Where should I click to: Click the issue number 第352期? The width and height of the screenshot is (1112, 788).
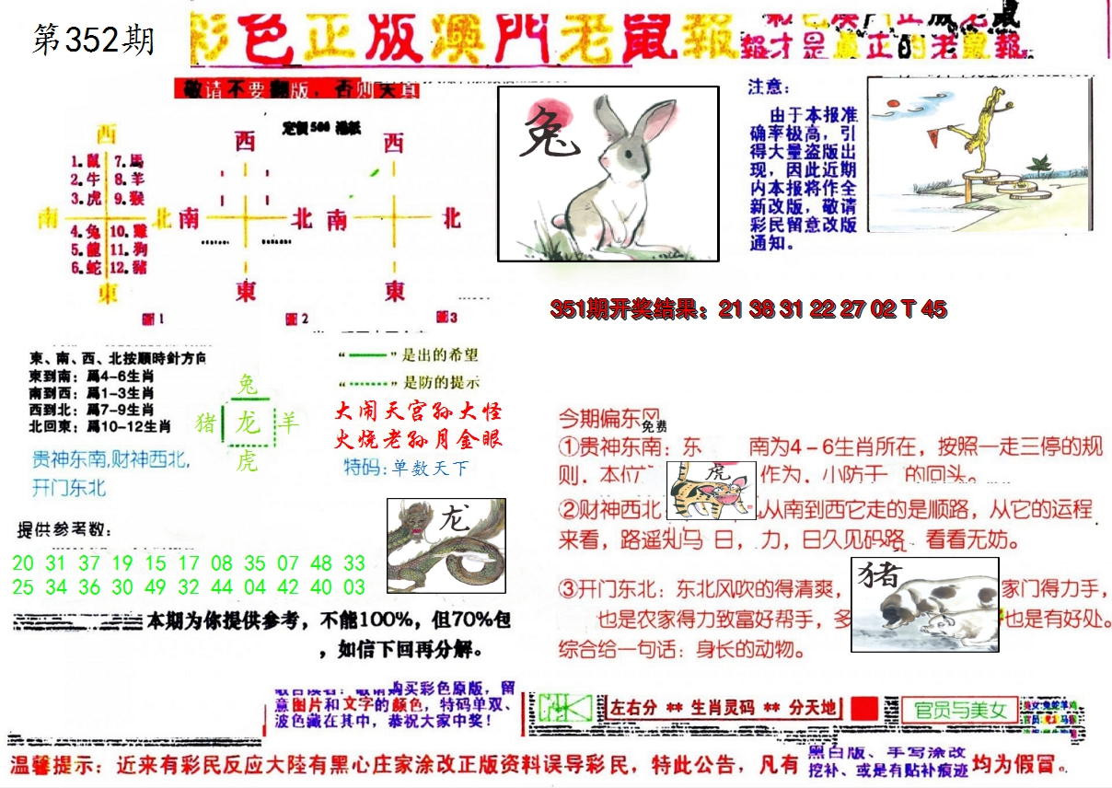[x=93, y=40]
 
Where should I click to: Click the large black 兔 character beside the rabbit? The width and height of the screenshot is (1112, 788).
[x=549, y=133]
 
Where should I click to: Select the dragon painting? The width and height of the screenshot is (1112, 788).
[x=446, y=545]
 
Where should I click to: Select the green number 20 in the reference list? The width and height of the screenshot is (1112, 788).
[x=23, y=563]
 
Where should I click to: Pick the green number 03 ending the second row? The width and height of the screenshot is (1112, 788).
[x=354, y=587]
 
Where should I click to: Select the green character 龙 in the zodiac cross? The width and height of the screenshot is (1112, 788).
[x=247, y=423]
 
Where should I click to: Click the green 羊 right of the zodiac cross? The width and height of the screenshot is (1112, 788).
[x=289, y=423]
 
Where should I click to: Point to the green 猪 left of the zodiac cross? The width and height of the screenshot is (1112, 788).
[x=206, y=423]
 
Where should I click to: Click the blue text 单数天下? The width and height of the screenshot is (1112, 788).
[x=430, y=469]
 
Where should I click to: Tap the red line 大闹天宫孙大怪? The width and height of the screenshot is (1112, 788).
[x=419, y=411]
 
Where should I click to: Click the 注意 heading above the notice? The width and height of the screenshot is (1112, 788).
[x=769, y=87]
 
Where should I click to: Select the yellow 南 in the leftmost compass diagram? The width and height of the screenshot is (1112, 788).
[x=47, y=219]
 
